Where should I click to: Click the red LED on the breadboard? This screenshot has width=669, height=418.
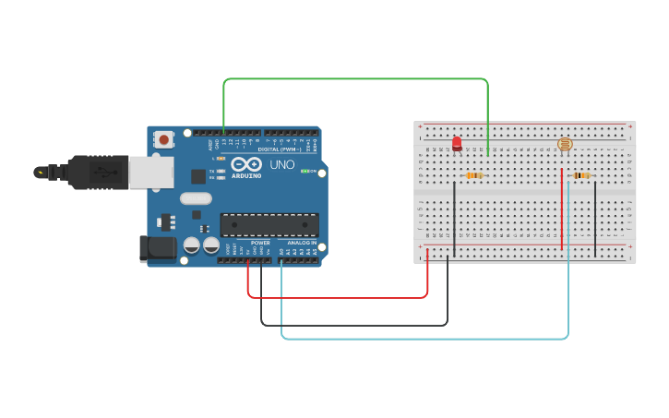coord(457,143)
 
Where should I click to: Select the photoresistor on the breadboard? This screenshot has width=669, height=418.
coord(565,144)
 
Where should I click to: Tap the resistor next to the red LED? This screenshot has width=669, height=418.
coord(474,175)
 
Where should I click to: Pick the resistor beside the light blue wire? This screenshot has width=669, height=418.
coord(581,175)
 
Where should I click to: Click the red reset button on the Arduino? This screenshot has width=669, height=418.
coord(163,140)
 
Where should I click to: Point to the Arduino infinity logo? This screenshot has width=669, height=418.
coord(245,165)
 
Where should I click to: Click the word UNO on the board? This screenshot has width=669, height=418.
coord(281,165)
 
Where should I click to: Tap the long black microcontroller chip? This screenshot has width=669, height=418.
coord(269,224)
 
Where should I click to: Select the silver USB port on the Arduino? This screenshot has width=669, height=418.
coord(144,172)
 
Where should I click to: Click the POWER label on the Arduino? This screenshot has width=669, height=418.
coord(260,243)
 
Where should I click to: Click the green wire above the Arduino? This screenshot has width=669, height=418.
coord(355,79)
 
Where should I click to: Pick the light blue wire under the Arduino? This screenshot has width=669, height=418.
coord(424,339)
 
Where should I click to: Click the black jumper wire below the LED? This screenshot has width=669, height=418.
coord(454,217)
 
